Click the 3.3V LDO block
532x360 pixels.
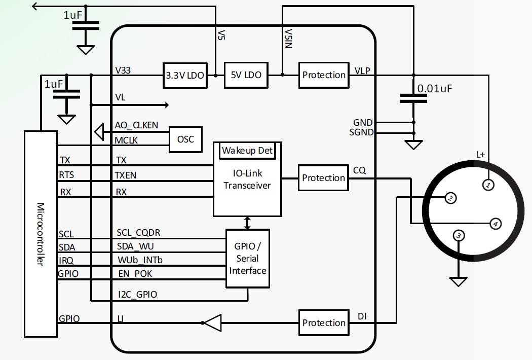point(185,76)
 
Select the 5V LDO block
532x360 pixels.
point(246,75)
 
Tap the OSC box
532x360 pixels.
point(185,138)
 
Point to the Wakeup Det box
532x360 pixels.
point(247,151)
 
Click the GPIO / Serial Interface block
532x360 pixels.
point(247,258)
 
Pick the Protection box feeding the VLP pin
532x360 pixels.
point(324,75)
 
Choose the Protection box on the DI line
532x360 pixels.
point(324,322)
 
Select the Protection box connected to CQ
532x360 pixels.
point(323,178)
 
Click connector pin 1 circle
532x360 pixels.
point(488,186)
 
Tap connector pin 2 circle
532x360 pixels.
point(450,199)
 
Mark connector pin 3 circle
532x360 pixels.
point(459,235)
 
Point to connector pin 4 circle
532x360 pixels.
point(496,223)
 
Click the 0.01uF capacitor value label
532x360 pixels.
point(434,89)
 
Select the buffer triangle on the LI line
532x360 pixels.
point(213,322)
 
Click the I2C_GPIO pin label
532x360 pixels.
point(136,294)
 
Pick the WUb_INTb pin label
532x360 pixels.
point(139,260)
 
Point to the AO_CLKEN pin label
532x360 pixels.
point(136,125)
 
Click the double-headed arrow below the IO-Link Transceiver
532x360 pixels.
point(247,222)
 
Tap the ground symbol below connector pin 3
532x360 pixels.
point(458,281)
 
